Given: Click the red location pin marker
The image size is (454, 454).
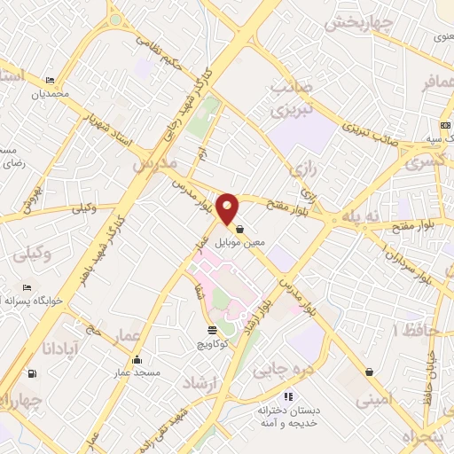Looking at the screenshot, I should click(x=228, y=207).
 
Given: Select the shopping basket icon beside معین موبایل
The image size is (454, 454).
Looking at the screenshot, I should click(x=240, y=228).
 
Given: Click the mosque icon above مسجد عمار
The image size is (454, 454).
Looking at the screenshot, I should click(x=137, y=360).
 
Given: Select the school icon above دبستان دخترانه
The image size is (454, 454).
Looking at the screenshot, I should click(x=286, y=396).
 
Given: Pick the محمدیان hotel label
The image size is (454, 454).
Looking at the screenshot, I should click(x=48, y=93).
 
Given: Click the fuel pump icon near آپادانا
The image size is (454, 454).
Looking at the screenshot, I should click(x=33, y=373).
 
